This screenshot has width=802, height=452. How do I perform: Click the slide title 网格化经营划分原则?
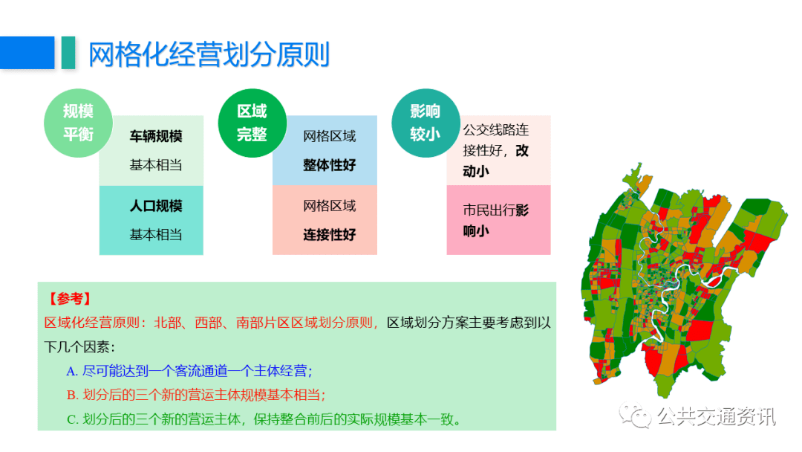pyautogui.click(x=209, y=55)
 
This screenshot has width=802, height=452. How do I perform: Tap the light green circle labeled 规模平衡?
pyautogui.click(x=78, y=123)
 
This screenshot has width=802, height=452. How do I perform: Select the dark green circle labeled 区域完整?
pyautogui.click(x=252, y=123)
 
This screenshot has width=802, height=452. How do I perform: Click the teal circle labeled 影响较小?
pyautogui.click(x=426, y=123)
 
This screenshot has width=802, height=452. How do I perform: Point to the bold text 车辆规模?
pyautogui.click(x=156, y=136)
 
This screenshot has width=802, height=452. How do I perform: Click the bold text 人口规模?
pyautogui.click(x=156, y=206)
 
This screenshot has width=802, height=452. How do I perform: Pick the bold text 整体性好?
pyautogui.click(x=330, y=165)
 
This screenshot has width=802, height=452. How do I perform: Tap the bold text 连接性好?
pyautogui.click(x=330, y=234)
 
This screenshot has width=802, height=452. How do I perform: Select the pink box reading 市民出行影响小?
pyautogui.click(x=499, y=220)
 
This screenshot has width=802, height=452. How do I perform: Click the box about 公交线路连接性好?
pyautogui.click(x=499, y=150)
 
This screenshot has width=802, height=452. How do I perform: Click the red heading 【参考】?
pyautogui.click(x=70, y=299)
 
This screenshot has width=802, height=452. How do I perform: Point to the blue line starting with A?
pyautogui.click(x=189, y=371)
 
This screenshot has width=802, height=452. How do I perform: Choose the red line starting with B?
pyautogui.click(x=196, y=395)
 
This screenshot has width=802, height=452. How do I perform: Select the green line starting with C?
pyautogui.click(x=264, y=419)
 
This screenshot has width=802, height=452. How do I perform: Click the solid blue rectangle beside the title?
pyautogui.click(x=27, y=52)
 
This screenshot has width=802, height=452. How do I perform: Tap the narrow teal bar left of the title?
pyautogui.click(x=68, y=52)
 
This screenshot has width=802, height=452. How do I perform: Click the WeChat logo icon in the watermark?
pyautogui.click(x=635, y=415)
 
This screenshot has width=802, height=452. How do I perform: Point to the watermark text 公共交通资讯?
pyautogui.click(x=717, y=416)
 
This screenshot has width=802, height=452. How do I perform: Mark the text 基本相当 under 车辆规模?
pyautogui.click(x=156, y=165)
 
